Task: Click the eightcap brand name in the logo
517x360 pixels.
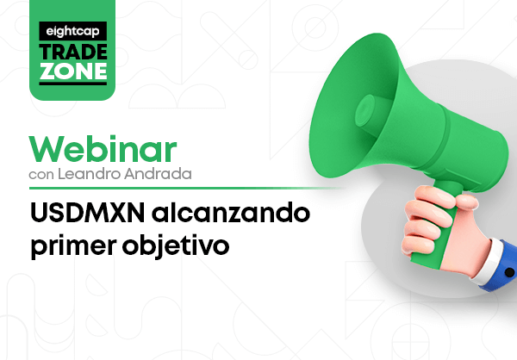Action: pos(73,31)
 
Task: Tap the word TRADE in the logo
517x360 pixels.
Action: pos(73,52)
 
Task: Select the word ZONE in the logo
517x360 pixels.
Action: pos(73,71)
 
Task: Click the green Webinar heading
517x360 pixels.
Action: pos(103,149)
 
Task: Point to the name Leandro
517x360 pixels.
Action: pos(89,174)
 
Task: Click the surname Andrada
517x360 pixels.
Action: pos(158,174)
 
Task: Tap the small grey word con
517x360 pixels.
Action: pos(41,175)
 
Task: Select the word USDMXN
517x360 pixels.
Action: pos(88,213)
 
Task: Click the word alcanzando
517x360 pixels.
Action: pos(231,213)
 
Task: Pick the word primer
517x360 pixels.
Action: pos(74,246)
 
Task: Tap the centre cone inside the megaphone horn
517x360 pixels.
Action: pos(365,111)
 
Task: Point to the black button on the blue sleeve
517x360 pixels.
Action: pos(509,273)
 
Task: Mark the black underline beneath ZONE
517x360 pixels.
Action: pos(73,84)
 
